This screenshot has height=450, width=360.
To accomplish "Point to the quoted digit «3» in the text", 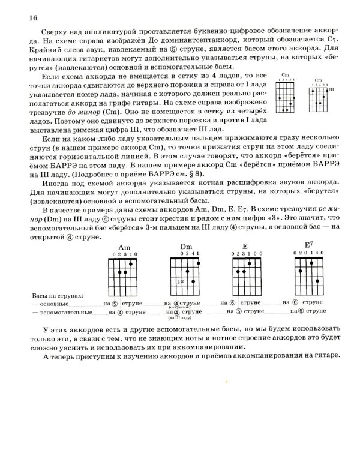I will point(289,203).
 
